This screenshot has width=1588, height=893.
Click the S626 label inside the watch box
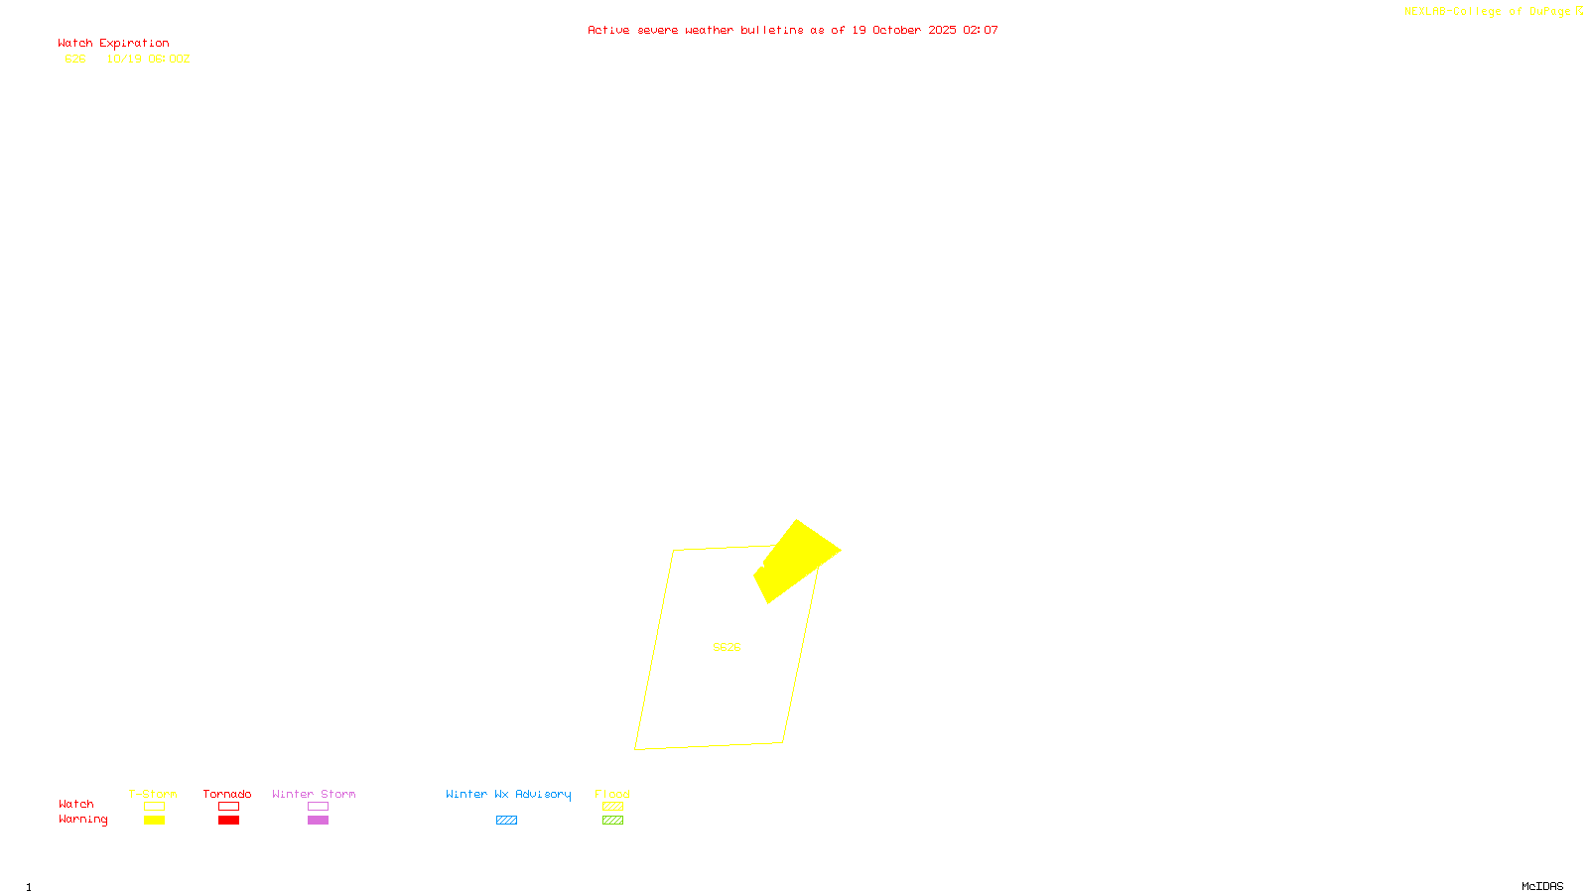tap(727, 647)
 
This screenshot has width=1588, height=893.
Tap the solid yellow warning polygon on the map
tap(796, 558)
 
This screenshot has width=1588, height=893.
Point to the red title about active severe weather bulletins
tap(792, 30)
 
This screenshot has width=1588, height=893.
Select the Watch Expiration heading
tap(113, 44)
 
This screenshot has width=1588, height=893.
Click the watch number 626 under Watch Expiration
tap(75, 59)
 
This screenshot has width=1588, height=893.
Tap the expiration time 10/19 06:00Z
tap(148, 59)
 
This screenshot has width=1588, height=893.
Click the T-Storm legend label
tap(153, 794)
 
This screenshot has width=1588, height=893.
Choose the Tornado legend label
tap(227, 794)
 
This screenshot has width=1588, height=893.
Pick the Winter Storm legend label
tap(314, 794)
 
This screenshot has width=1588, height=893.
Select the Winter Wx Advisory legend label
tap(508, 794)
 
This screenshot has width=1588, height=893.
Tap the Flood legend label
tap(612, 794)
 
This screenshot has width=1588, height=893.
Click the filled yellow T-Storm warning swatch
tap(154, 821)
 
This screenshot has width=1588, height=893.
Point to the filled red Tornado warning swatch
tap(229, 821)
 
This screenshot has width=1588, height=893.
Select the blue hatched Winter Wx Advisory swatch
tap(506, 821)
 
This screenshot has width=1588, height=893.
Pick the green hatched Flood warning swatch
tap(613, 821)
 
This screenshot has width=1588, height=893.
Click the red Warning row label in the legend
tap(82, 820)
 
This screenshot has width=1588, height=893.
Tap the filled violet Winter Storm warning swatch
tap(318, 821)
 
